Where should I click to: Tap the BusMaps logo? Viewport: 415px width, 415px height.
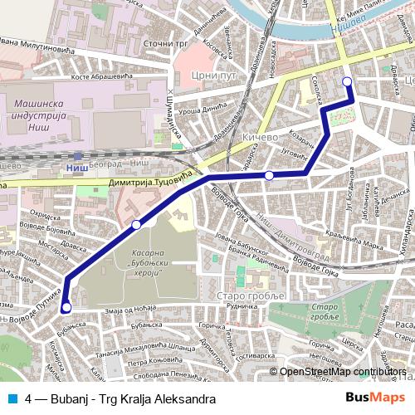pos(374,398)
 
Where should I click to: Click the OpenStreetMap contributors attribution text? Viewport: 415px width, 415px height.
pos(343,372)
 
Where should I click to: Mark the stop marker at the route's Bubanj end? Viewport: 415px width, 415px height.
pos(66,308)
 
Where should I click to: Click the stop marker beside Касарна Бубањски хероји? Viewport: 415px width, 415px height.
pos(136,224)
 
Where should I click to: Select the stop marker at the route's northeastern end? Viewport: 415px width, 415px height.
pos(347,81)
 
